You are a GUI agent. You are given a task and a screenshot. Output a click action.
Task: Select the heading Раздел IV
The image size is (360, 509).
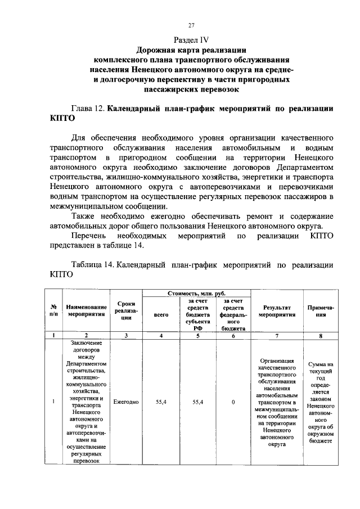191,40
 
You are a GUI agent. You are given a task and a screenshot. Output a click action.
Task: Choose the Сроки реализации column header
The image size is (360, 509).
126,311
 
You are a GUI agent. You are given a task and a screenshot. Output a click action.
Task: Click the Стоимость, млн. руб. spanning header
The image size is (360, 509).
197,294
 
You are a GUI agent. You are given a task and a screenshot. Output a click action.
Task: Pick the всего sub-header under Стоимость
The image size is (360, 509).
161,315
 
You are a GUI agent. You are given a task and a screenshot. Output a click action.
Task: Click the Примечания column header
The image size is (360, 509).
321,311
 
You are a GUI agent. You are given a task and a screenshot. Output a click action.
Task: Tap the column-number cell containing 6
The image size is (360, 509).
233,336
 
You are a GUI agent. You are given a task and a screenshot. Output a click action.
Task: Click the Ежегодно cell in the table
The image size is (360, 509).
126,402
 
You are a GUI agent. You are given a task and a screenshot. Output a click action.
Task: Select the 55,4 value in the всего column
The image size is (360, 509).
161,402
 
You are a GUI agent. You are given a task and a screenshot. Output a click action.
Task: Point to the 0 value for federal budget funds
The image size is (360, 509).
233,402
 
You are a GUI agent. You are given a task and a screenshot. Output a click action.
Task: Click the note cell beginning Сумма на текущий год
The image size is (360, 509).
321,402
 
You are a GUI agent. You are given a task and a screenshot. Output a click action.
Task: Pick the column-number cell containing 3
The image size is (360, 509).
126,336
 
